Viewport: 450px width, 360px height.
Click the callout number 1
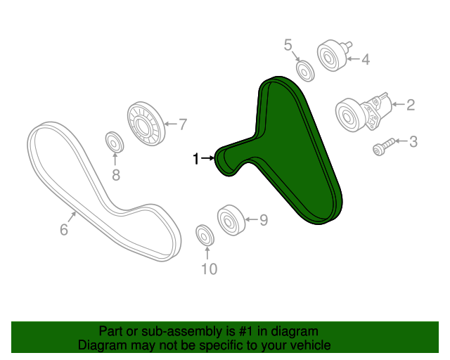coord(195,158)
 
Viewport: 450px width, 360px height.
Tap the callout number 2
coord(411,105)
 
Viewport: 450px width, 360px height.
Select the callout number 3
coord(413,141)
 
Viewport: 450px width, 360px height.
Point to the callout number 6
coord(64,229)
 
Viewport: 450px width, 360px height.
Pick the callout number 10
coord(210,269)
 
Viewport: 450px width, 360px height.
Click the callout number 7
coord(183,124)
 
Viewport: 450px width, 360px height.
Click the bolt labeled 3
coord(384,147)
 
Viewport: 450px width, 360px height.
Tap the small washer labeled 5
coord(305,71)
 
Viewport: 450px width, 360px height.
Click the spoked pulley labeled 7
coord(146,124)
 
